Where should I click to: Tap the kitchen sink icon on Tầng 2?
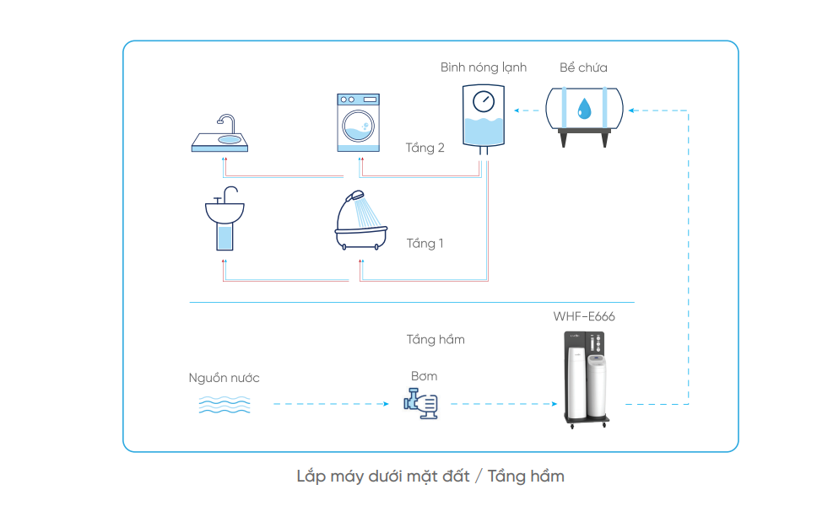[x=220, y=135]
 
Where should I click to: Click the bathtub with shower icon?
[x=361, y=223]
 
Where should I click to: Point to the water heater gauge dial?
[x=483, y=102]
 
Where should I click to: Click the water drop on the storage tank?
[x=583, y=107]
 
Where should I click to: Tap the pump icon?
[x=420, y=403]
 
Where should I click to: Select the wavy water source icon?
[x=224, y=405]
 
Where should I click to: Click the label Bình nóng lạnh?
[x=483, y=67]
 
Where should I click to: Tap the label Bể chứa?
[x=583, y=67]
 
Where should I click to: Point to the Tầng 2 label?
[x=425, y=148]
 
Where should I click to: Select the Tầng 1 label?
[x=425, y=244]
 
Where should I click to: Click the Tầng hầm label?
[x=436, y=339]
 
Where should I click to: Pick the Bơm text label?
[x=424, y=376]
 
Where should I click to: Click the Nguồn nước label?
[x=224, y=378]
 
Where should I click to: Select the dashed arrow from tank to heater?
[x=527, y=109]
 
